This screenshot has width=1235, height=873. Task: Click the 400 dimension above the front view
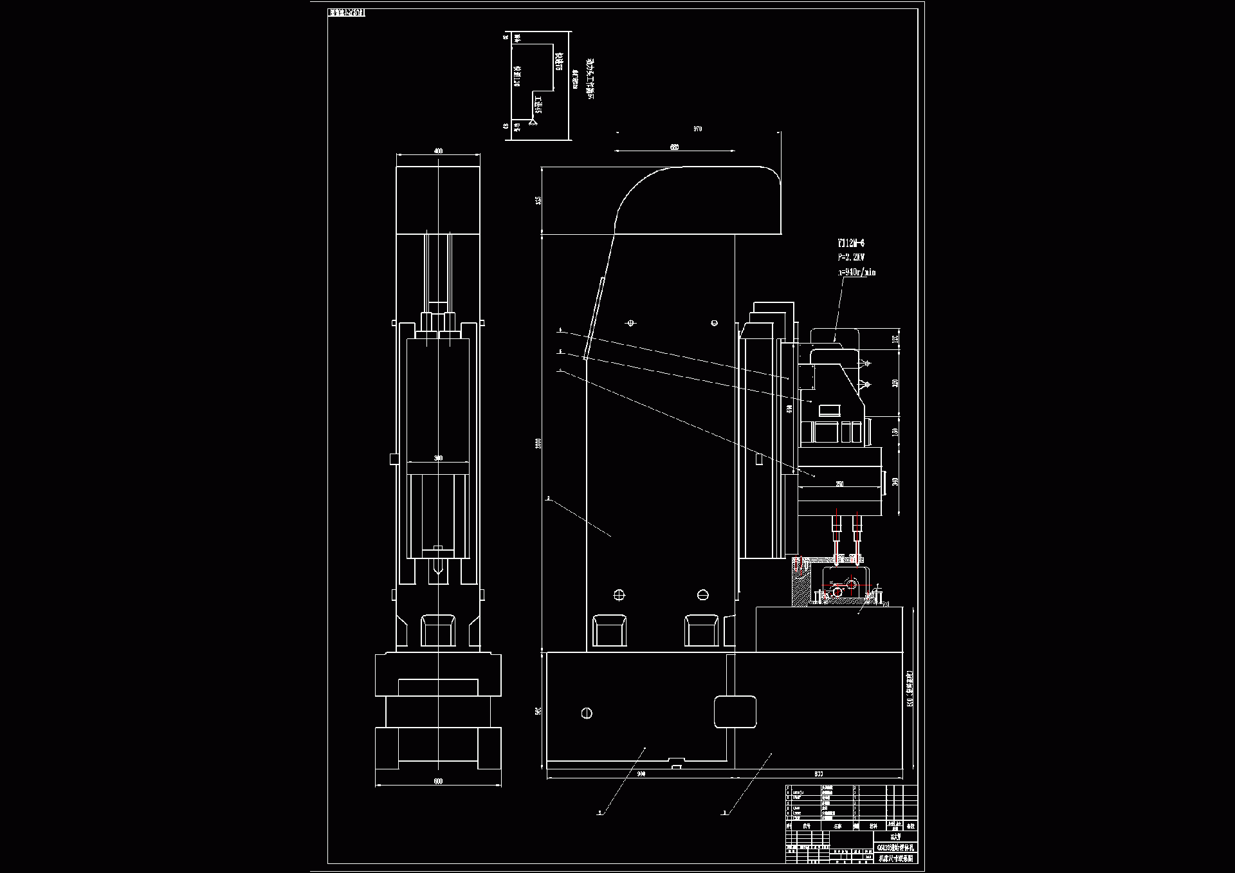[x=439, y=151]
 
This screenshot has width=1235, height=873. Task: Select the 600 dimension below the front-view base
[x=438, y=782]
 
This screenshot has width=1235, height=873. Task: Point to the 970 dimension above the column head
[x=697, y=129]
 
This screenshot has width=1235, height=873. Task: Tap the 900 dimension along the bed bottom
[x=641, y=774]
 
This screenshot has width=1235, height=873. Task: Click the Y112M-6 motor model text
[x=850, y=243]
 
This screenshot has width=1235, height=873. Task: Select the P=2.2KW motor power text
[x=850, y=257]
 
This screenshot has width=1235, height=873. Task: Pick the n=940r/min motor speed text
[x=856, y=272]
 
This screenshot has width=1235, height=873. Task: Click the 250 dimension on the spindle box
[x=839, y=484]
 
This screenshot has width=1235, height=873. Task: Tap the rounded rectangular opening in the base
[x=735, y=712]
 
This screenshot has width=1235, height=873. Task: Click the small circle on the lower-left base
[x=586, y=713]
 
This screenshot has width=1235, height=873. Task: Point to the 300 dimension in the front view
[x=438, y=458]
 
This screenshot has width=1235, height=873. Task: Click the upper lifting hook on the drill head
[x=866, y=363]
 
